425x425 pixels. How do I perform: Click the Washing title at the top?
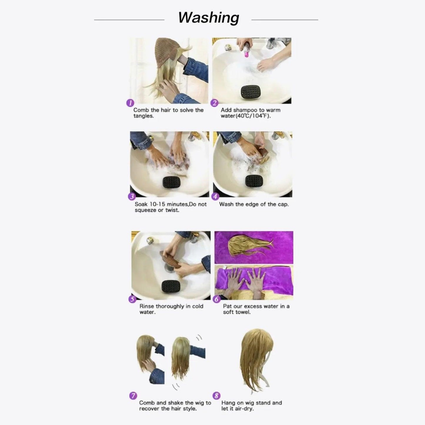[209, 18]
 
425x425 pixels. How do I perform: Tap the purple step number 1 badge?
[130, 103]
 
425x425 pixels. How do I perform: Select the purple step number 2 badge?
[214, 103]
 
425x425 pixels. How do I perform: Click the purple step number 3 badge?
[132, 196]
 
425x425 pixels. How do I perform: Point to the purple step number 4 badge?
[215, 196]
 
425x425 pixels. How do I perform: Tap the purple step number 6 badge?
[216, 299]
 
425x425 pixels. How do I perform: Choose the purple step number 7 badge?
[133, 396]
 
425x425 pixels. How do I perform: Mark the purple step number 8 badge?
[216, 396]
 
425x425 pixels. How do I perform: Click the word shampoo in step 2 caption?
[246, 110]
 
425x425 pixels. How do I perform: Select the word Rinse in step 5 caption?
[147, 306]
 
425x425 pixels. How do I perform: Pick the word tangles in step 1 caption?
[143, 116]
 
